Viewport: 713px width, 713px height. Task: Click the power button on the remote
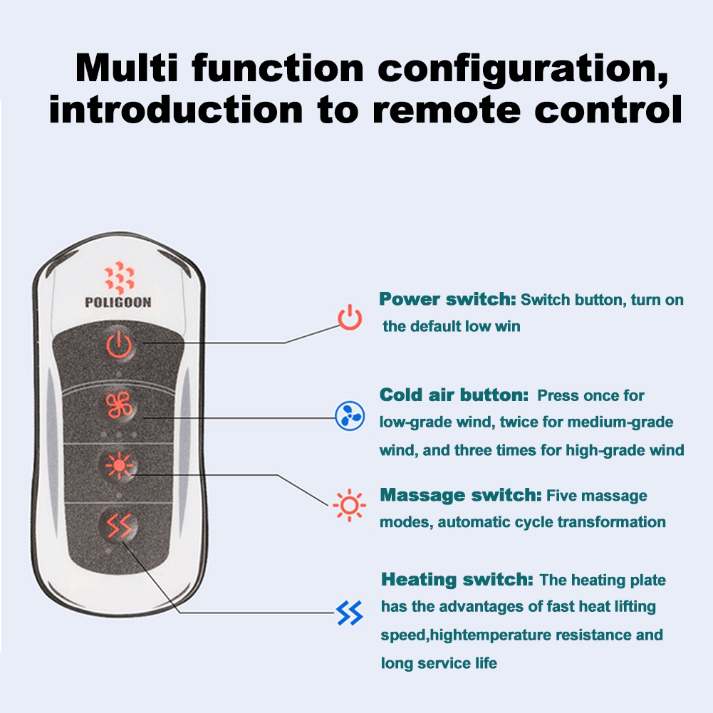tap(119, 345)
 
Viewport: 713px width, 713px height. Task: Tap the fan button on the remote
tap(119, 405)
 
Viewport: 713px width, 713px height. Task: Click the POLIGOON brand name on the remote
tap(118, 302)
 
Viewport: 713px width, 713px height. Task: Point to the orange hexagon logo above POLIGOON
tap(119, 277)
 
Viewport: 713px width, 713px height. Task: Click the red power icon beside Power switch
tap(350, 317)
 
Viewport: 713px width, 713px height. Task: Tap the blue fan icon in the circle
tap(350, 415)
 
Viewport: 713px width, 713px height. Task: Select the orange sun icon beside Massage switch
tap(349, 505)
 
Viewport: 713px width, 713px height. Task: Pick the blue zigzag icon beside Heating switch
tap(349, 613)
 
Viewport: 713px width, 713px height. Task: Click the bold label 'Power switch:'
tap(447, 299)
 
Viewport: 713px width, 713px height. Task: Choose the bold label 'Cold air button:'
tap(454, 395)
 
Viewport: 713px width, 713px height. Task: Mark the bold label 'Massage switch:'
tap(461, 495)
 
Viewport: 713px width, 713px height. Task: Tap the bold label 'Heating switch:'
tap(457, 579)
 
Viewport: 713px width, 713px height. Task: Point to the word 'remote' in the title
tap(447, 110)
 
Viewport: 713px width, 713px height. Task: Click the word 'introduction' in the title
tap(176, 109)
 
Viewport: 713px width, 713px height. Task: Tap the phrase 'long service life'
tap(439, 663)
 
